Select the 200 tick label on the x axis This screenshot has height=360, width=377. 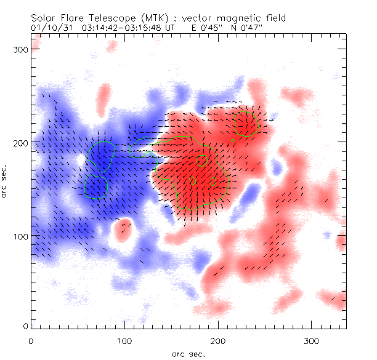tap(217, 340)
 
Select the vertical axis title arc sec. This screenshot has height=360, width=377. tap(6, 180)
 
